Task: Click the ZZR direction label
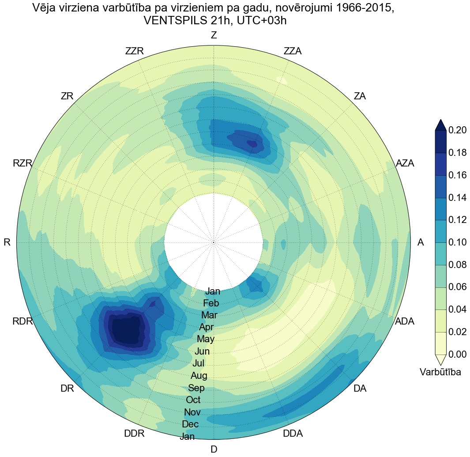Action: point(135,51)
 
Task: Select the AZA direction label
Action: point(405,163)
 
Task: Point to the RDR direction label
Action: point(23,321)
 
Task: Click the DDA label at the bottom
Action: point(293,434)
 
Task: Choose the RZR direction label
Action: point(23,163)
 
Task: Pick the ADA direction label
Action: point(404,321)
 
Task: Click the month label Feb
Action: point(211,303)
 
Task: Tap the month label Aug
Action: point(199,376)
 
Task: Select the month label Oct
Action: point(193,400)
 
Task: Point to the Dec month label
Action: point(190,424)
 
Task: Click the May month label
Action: point(206,340)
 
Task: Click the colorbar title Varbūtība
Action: point(440,372)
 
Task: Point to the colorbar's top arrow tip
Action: point(441,120)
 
